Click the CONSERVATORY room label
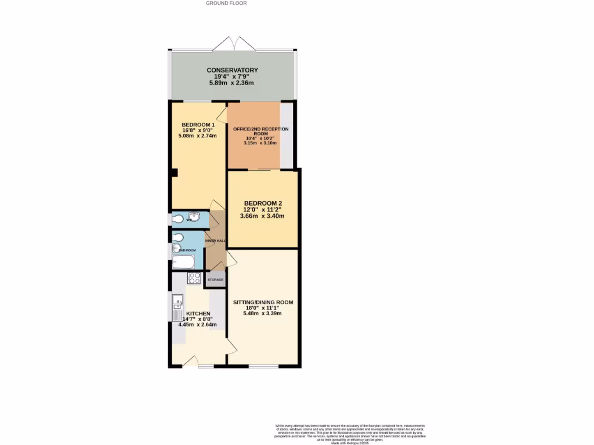pyautogui.click(x=232, y=70)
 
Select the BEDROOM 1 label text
pyautogui.click(x=198, y=125)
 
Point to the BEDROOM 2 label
pyautogui.click(x=263, y=203)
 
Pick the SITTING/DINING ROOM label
pyautogui.click(x=263, y=302)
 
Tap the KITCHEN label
pyautogui.click(x=198, y=313)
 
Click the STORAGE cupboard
pyautogui.click(x=215, y=280)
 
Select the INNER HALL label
pyautogui.click(x=215, y=240)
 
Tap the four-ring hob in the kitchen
pyautogui.click(x=194, y=278)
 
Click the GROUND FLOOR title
pyautogui.click(x=226, y=3)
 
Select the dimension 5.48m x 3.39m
pyautogui.click(x=263, y=313)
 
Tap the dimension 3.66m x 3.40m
pyautogui.click(x=263, y=216)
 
